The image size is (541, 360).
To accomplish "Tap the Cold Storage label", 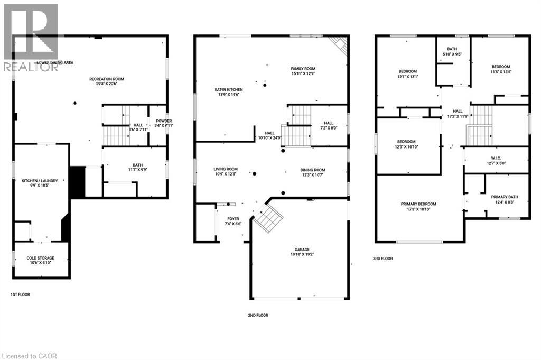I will [x=41, y=259].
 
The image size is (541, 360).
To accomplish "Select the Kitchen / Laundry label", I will [x=43, y=181].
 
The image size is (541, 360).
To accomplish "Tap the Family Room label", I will [x=303, y=69].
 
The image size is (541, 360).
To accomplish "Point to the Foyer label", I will [x=233, y=218].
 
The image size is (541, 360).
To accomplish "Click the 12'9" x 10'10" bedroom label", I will [x=406, y=142].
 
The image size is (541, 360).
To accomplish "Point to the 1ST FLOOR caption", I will [x=20, y=294].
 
